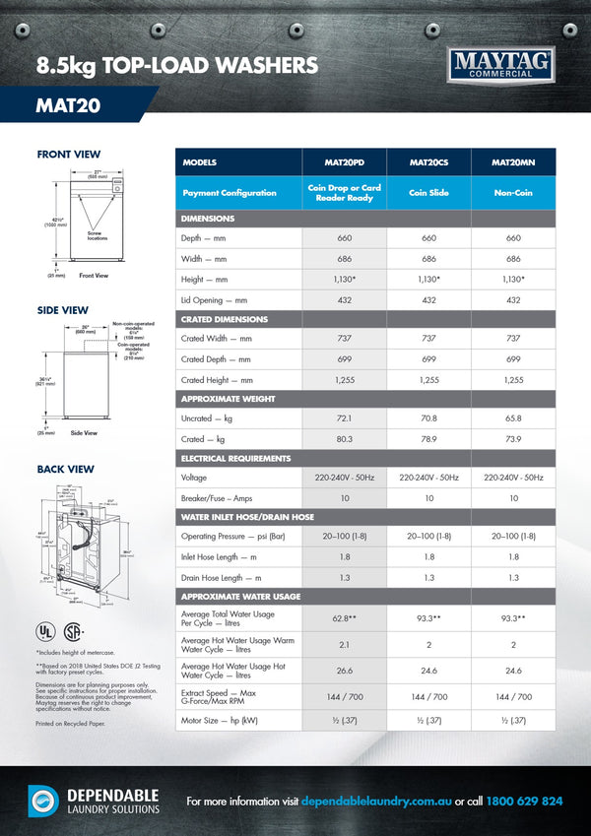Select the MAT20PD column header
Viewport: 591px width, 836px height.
click(x=344, y=162)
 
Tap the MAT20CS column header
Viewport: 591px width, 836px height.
click(x=428, y=162)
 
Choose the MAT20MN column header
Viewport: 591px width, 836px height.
click(x=513, y=162)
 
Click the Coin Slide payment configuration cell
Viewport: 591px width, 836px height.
click(x=428, y=193)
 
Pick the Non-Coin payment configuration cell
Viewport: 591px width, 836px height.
click(x=513, y=193)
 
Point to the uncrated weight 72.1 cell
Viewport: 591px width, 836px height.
click(x=344, y=418)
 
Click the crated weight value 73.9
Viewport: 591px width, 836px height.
click(x=513, y=439)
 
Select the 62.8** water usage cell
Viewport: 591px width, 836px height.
click(x=344, y=617)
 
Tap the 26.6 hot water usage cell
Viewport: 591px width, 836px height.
click(x=344, y=672)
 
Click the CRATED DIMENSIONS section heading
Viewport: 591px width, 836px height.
click(x=225, y=319)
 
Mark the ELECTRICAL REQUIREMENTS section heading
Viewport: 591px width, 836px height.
click(x=235, y=459)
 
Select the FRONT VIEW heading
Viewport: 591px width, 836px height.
click(x=68, y=155)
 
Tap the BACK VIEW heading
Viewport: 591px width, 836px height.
click(x=65, y=470)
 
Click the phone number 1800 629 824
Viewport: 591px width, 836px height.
click(x=526, y=802)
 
